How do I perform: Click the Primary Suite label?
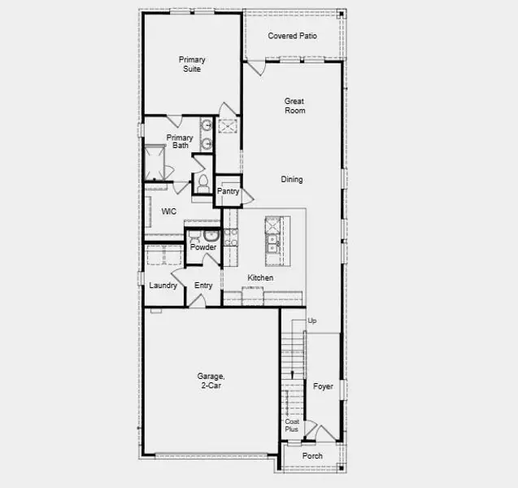point(192,64)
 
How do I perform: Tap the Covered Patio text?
point(293,36)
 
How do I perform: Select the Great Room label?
point(294,106)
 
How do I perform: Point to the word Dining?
point(292,179)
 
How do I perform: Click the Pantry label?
point(228,191)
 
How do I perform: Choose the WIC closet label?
point(169,211)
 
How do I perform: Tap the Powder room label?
point(203,247)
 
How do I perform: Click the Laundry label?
point(163,285)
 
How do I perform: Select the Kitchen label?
point(260,278)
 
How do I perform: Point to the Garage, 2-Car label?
point(211,381)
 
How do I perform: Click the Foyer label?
point(323,386)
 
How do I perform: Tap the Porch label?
point(312,456)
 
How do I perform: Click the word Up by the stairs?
point(312,320)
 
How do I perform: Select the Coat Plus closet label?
point(292,425)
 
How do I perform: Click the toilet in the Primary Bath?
point(202,184)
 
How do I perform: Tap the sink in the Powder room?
point(211,236)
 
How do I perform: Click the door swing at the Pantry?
point(248,198)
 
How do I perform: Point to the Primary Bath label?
point(180,142)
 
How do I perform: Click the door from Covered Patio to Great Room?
point(257,68)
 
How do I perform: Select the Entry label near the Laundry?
point(203,285)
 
